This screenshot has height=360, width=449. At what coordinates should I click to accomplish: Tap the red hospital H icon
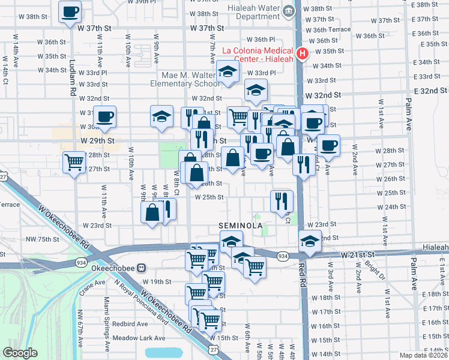point(303,54)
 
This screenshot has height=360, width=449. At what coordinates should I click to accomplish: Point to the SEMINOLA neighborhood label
point(241,226)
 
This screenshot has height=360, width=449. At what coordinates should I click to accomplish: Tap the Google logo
point(20,353)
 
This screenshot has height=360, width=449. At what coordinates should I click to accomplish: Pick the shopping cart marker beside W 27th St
point(74,162)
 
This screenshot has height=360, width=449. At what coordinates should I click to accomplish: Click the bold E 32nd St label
point(427,91)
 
